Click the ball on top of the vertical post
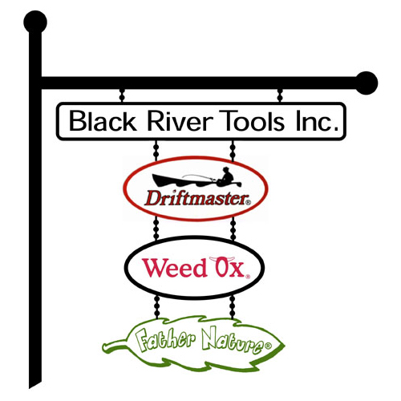[35, 22]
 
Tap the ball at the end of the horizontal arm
[367, 83]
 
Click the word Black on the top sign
[103, 121]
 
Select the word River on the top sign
[180, 121]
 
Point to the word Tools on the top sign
[252, 121]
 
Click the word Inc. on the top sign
[317, 121]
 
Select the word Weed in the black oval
[175, 268]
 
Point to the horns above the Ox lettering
[222, 259]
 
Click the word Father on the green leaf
[165, 339]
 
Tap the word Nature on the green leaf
[232, 341]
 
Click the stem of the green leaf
[115, 345]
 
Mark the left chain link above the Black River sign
[122, 95]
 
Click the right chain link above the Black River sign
[280, 95]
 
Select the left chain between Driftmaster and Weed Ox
[156, 228]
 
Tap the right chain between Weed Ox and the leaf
[233, 307]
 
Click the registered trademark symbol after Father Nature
[268, 346]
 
